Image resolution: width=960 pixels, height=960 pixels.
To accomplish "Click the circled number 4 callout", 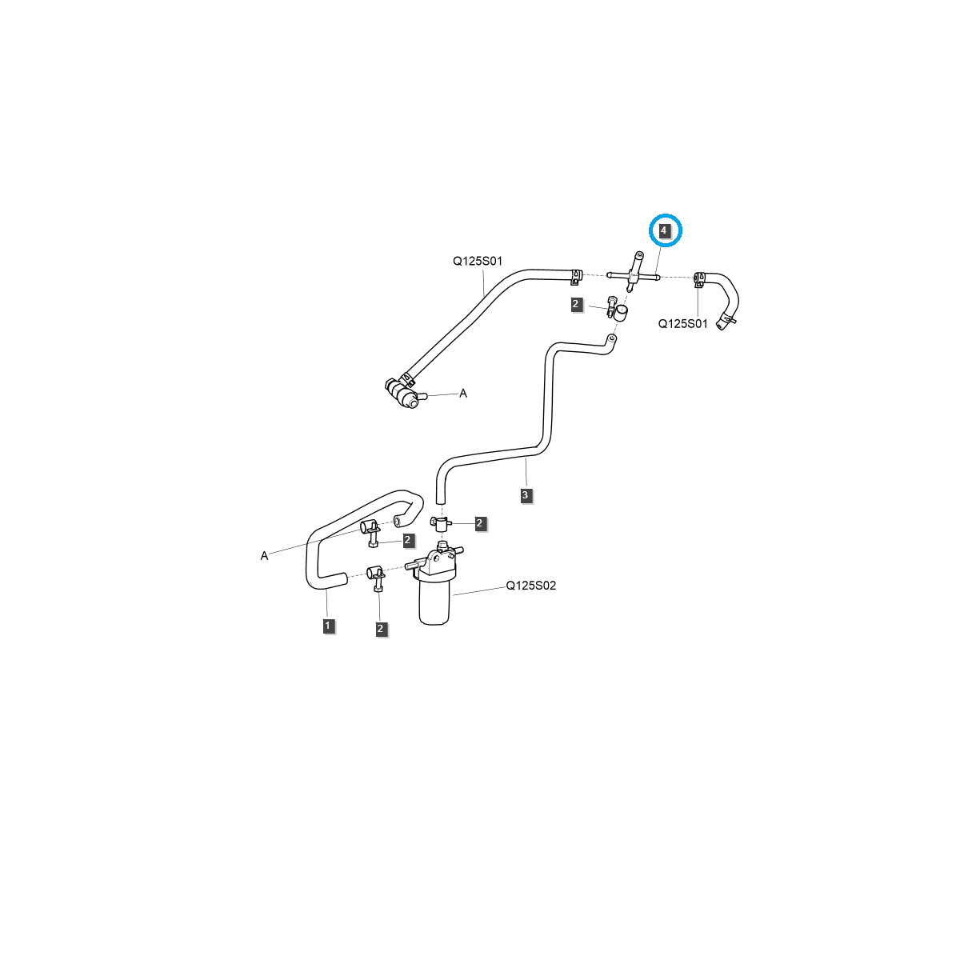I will point(664,230).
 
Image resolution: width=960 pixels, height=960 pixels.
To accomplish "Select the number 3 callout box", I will point(525,495).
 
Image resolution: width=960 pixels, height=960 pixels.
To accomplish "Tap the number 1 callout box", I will point(328,625).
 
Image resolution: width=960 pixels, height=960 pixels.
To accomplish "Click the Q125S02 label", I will point(530,586).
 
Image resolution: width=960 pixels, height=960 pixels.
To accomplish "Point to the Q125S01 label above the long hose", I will point(478,261).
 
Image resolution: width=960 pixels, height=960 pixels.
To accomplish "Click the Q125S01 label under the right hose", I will point(682,324).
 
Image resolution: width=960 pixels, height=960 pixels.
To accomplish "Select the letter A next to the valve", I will point(462,394).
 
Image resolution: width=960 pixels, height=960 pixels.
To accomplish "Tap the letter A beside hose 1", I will point(264,555).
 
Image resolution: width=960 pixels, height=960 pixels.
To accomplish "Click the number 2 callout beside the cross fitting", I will point(576,304).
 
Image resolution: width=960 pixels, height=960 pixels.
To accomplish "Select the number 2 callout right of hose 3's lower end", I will point(480,523).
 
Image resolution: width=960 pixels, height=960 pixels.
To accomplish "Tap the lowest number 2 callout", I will point(381,629).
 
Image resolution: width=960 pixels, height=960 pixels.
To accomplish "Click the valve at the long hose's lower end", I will point(402,393).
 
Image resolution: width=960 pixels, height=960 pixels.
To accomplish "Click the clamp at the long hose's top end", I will point(575,277).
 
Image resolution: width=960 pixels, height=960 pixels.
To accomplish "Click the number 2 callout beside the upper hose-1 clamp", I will point(408,541).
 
